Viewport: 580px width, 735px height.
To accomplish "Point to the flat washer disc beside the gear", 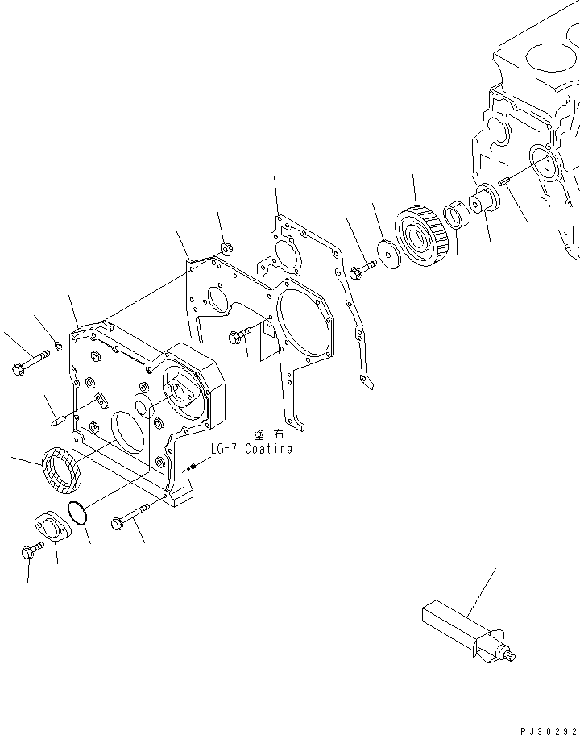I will point(390,255).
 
